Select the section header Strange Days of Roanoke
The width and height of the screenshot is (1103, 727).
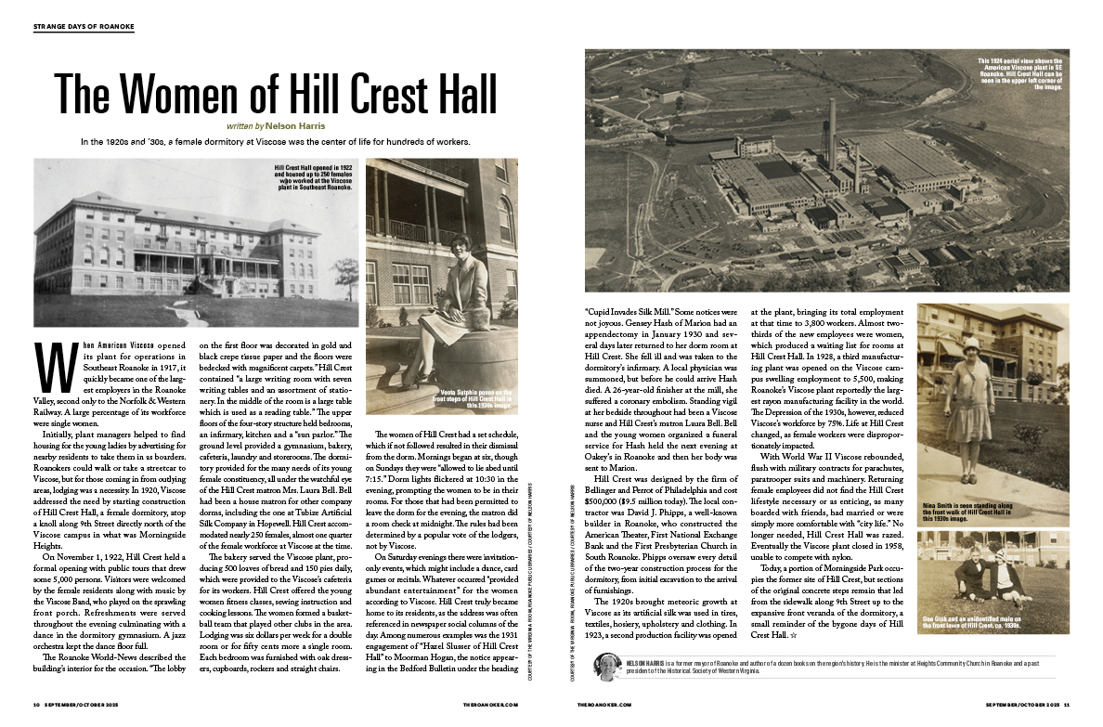(x=84, y=27)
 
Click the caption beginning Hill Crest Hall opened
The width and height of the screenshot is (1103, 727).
(x=314, y=176)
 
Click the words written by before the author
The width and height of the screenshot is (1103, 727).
(x=244, y=123)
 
